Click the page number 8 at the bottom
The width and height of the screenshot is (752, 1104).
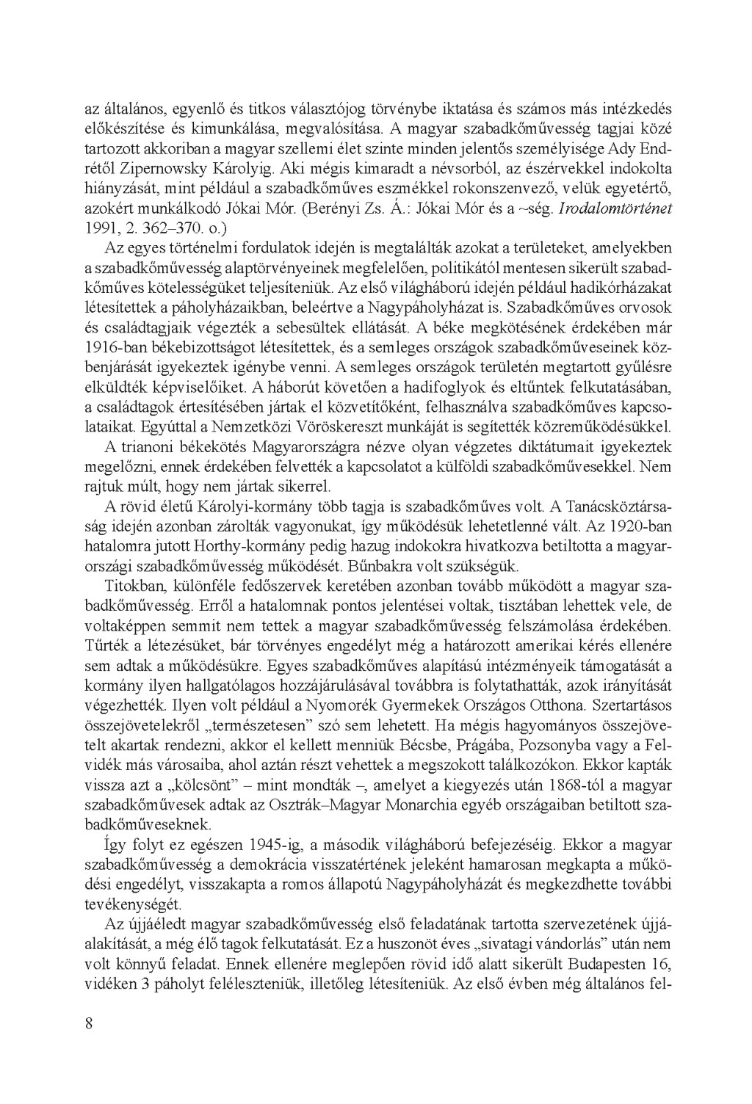coord(88,1025)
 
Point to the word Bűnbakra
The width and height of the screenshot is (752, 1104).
coord(400,566)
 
